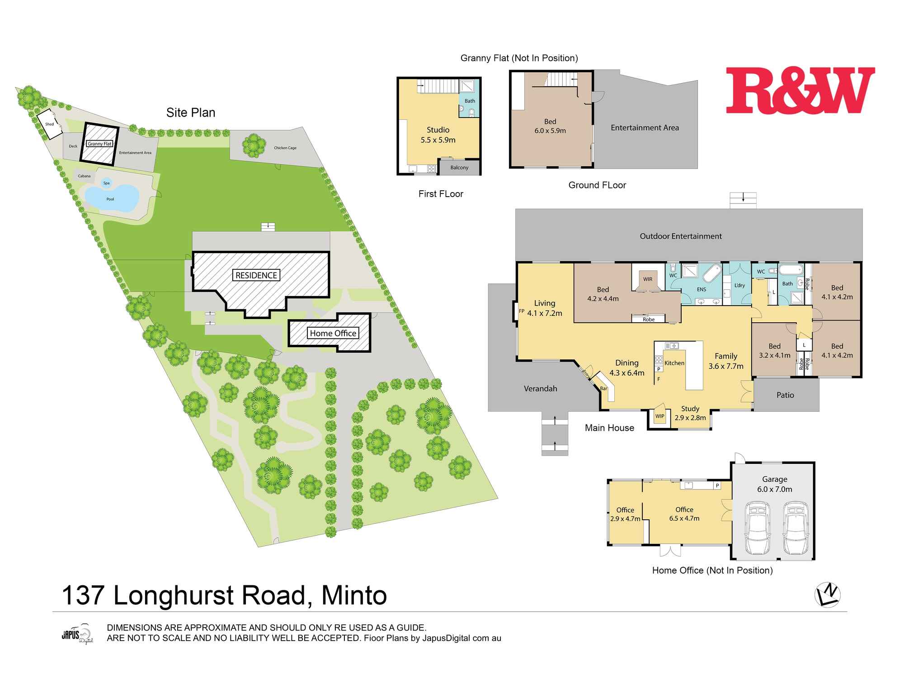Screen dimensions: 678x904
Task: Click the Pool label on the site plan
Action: pos(110,199)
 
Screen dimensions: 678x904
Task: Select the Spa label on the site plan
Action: pos(107,183)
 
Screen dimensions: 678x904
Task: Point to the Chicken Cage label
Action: pos(285,148)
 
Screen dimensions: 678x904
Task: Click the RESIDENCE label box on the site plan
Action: pos(256,275)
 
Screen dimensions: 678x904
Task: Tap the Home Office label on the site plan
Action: pos(333,333)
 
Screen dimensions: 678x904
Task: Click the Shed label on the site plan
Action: pos(49,124)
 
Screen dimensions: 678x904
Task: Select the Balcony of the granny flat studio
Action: pos(459,168)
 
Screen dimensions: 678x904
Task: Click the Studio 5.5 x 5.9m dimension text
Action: pos(438,140)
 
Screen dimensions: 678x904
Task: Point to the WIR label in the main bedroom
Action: pos(648,279)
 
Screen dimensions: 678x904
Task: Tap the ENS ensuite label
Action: pos(702,289)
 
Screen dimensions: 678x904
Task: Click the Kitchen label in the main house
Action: pos(674,363)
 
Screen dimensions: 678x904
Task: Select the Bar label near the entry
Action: pos(603,388)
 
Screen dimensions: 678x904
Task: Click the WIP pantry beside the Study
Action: pos(660,416)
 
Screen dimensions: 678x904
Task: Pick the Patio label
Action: pos(785,395)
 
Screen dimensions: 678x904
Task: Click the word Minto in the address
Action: pos(354,595)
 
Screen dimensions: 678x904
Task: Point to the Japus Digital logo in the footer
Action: pos(77,634)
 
